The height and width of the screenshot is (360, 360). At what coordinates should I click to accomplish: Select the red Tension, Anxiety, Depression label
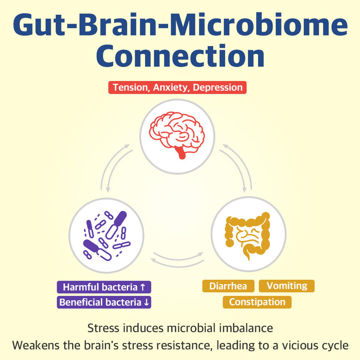point(177,87)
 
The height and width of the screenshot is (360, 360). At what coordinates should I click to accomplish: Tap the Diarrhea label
point(228,286)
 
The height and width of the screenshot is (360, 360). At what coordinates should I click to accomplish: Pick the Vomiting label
point(287,286)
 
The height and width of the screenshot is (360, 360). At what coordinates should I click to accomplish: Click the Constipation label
point(257,302)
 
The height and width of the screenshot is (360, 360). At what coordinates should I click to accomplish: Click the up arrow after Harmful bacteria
point(142,288)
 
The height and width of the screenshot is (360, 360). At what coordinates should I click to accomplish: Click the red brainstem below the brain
point(182,154)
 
